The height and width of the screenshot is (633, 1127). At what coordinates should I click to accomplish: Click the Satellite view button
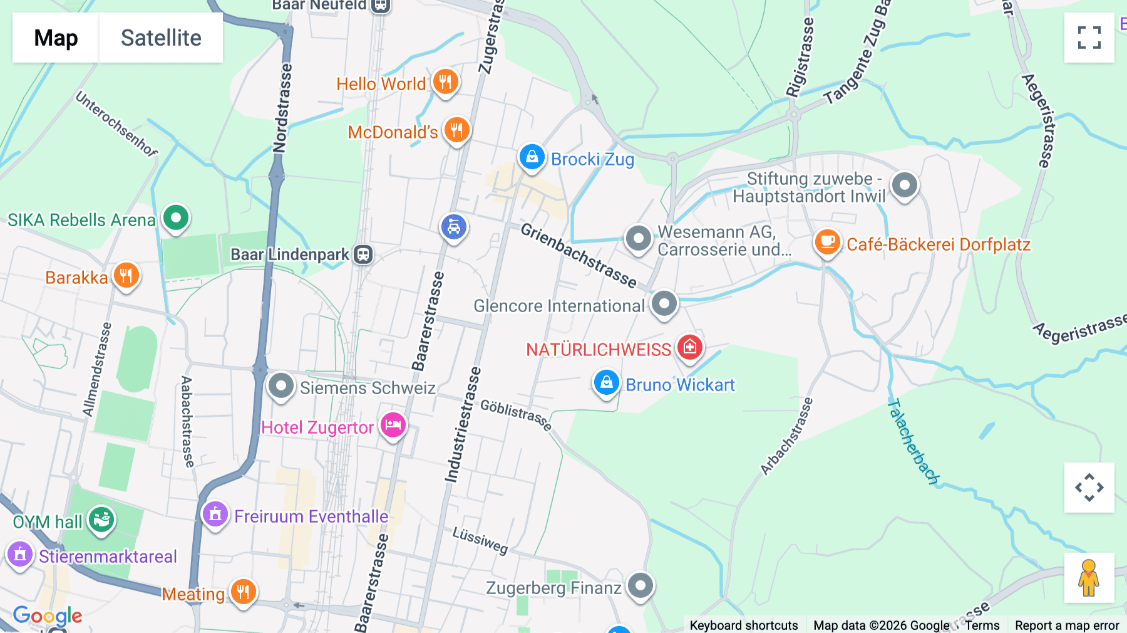point(161,38)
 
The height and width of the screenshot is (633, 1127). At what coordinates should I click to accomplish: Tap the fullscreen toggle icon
point(1089,38)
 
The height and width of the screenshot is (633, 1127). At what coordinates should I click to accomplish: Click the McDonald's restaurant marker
point(456,130)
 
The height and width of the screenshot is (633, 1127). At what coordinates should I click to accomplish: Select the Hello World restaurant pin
point(445,81)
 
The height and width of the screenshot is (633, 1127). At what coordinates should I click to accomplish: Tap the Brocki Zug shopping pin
point(532,157)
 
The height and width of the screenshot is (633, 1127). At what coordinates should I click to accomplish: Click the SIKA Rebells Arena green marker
point(176,218)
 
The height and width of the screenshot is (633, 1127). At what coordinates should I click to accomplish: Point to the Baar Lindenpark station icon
point(363,254)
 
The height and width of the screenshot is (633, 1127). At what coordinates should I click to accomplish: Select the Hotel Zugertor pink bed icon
point(393,426)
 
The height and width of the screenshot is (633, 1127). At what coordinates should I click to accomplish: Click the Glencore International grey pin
point(664,304)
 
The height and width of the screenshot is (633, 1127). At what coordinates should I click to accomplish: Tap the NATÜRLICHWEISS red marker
point(689,347)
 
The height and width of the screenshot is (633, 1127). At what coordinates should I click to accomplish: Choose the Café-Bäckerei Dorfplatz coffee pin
point(827,242)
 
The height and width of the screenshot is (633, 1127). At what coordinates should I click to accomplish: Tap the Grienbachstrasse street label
point(579,256)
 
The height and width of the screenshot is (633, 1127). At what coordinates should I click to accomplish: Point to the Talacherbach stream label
point(913,442)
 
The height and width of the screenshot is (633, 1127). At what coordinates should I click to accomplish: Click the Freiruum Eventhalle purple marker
point(215,515)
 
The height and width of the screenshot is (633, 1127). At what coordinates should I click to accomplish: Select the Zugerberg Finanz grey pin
point(640,586)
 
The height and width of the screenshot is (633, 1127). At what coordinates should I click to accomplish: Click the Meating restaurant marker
point(243,591)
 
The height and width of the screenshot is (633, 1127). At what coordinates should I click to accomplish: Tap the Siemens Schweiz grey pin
point(280,386)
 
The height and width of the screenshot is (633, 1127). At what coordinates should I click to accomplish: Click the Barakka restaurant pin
point(126,276)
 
